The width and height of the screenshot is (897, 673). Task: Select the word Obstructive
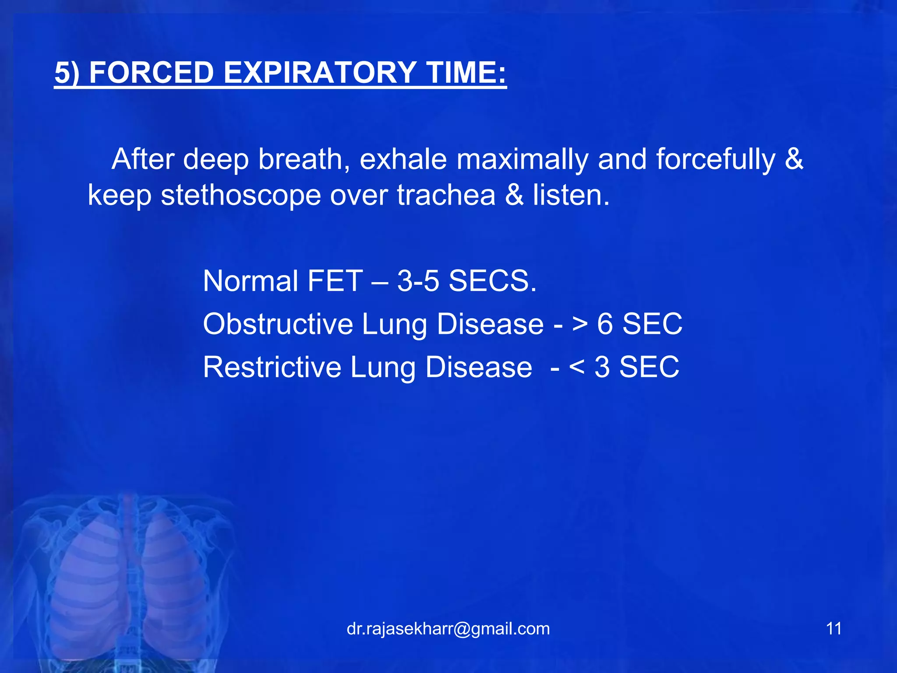[x=278, y=324]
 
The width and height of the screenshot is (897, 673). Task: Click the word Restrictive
[x=272, y=367]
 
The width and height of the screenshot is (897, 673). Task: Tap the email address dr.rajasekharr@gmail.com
[x=448, y=629]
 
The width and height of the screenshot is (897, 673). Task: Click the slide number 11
[x=833, y=629]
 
